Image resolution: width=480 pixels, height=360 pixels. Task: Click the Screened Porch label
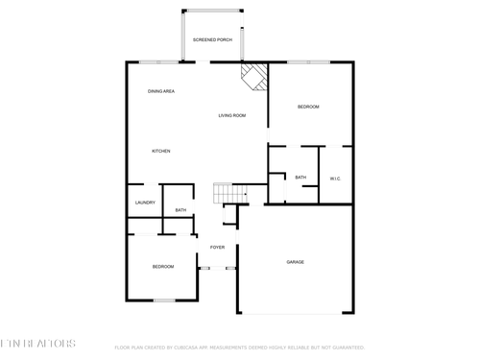point(212,39)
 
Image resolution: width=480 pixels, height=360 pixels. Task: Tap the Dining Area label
point(160,91)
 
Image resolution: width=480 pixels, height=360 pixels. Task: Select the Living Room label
point(231,115)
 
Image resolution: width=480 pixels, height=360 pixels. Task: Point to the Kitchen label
point(161,152)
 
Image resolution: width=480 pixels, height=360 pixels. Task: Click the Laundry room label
point(145,203)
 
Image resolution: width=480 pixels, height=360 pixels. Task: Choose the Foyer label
point(218,247)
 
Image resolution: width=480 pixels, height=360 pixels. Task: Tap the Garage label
point(295,261)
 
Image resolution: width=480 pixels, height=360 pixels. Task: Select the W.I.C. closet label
point(335,178)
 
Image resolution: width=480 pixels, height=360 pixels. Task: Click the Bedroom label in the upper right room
point(308,107)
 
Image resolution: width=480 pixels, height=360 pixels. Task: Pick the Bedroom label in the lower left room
point(163,266)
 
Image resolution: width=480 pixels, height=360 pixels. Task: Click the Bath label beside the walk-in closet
point(300,178)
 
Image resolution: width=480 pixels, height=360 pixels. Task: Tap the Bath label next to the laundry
point(180,210)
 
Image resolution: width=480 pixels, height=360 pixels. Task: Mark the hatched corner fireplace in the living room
point(254,76)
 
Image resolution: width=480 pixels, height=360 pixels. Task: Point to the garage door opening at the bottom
point(295,313)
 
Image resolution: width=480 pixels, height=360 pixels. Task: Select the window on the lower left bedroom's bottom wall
point(164,300)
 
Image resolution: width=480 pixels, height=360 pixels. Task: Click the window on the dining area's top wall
point(159,62)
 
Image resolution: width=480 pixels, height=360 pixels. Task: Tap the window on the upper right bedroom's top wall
point(308,62)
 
